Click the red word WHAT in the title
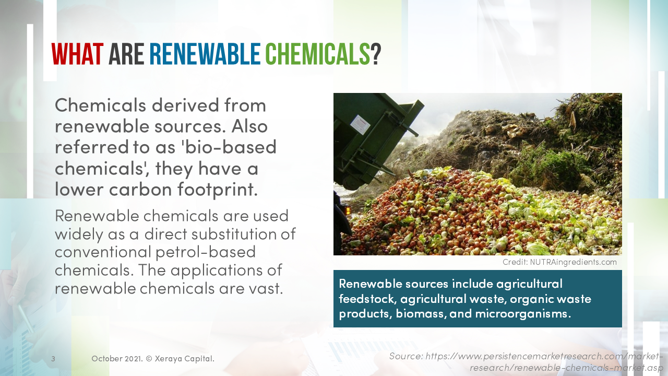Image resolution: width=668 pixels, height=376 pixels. [77, 54]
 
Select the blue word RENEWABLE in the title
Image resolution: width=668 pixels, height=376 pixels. [205, 54]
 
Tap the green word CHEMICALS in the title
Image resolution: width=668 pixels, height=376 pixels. [317, 54]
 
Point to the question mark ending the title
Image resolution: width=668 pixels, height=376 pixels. [376, 54]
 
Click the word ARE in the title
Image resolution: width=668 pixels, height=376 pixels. [126, 54]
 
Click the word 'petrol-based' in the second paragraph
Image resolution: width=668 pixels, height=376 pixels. [206, 252]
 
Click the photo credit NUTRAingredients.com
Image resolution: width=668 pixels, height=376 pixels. [574, 262]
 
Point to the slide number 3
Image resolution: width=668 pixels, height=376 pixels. [53, 359]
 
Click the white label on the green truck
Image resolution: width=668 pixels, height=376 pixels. [360, 124]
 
